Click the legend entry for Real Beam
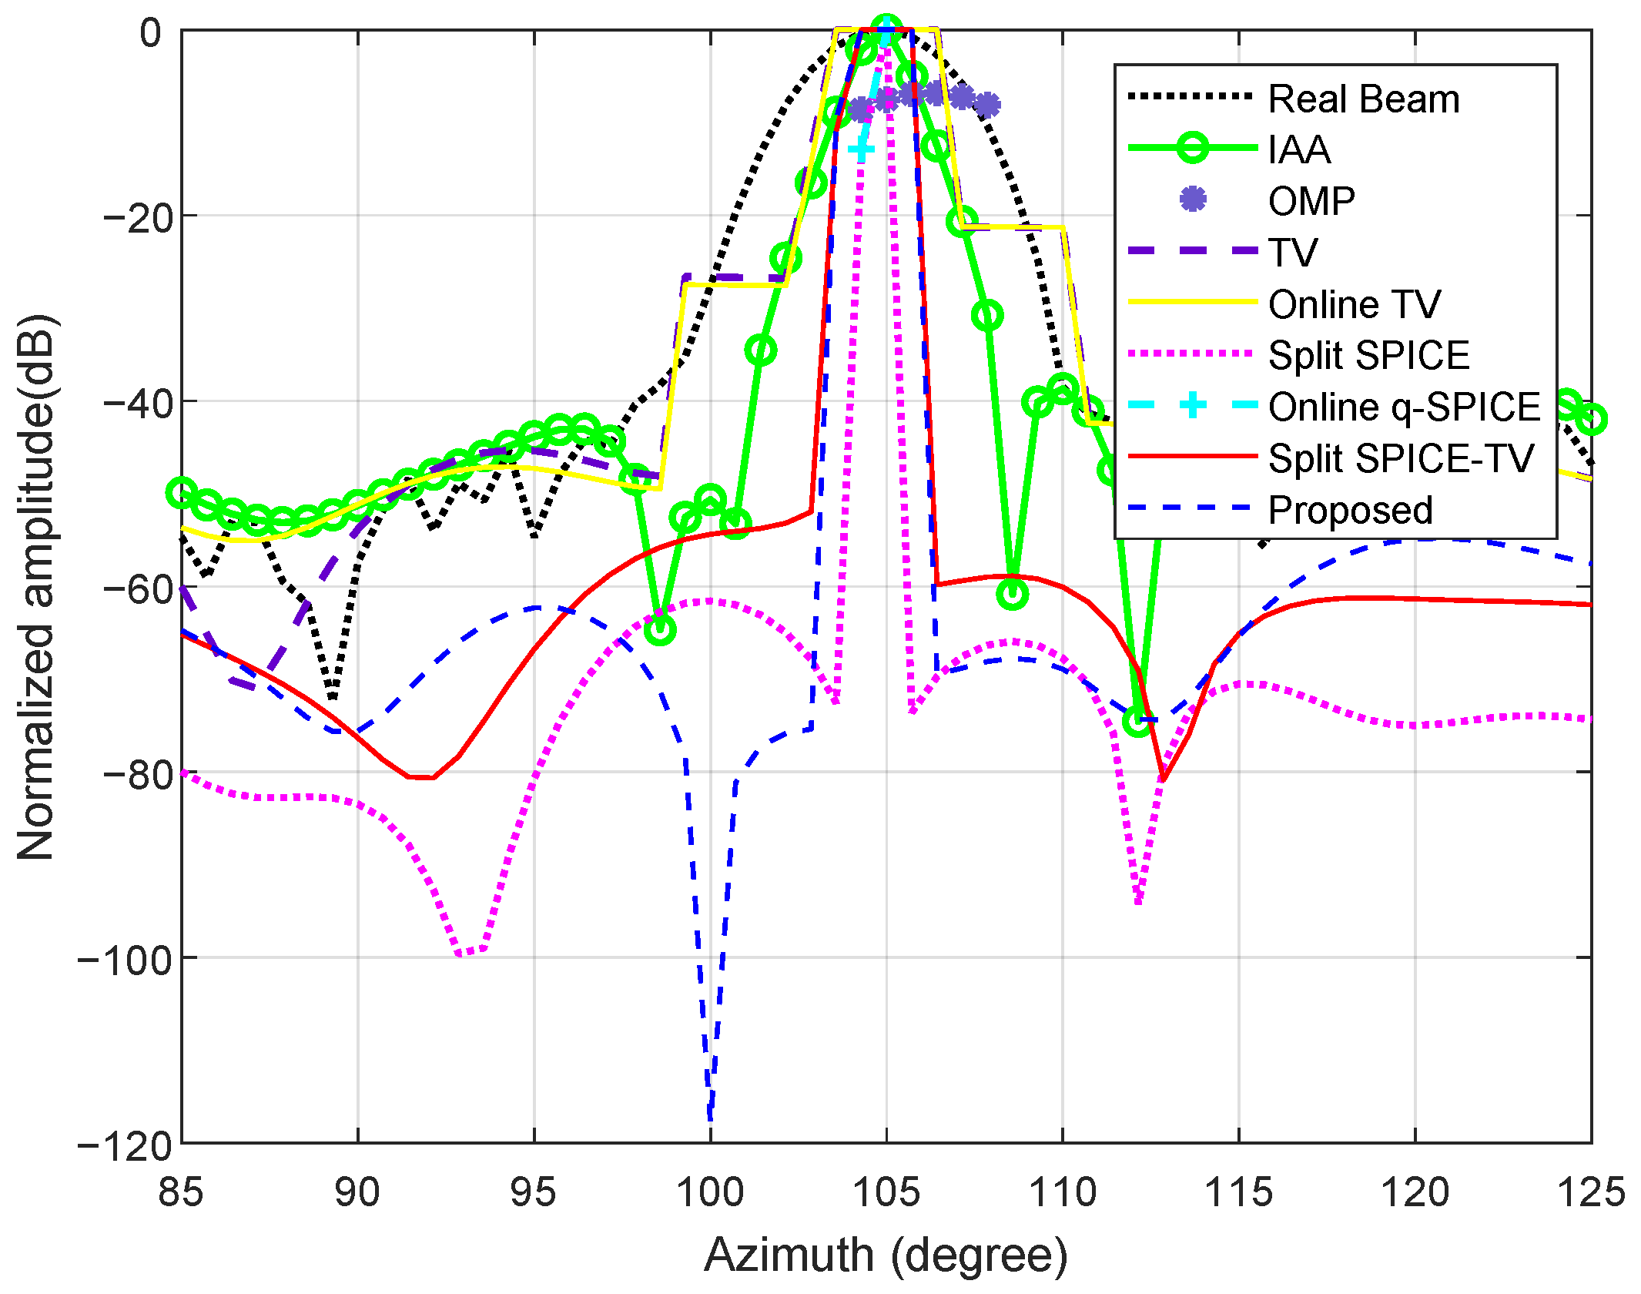(1363, 99)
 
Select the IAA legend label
(1299, 149)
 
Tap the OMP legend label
(1311, 201)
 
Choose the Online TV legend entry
(1354, 304)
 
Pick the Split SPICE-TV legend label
(1401, 459)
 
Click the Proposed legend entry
(1350, 511)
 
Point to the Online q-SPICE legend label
(1404, 407)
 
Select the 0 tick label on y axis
(150, 34)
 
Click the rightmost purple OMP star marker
(987, 104)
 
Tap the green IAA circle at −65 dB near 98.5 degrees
(660, 630)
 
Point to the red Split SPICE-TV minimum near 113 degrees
(1163, 779)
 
